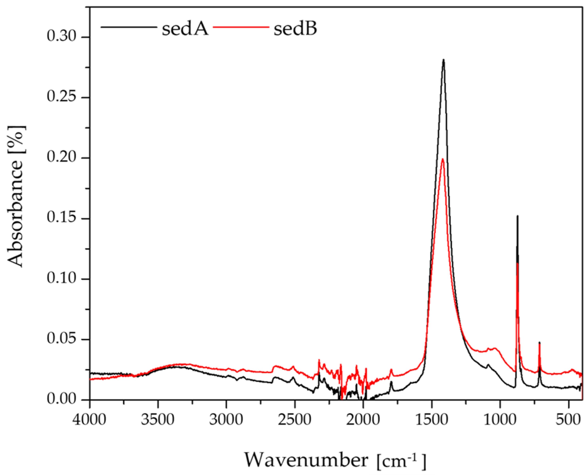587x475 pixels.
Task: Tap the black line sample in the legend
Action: point(129,27)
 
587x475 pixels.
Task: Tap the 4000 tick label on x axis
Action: point(89,420)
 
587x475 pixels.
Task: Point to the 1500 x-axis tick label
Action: point(432,420)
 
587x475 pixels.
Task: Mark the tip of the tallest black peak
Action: point(443,60)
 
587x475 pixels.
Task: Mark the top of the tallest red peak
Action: point(442,159)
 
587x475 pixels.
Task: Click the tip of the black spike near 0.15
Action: point(517,216)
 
